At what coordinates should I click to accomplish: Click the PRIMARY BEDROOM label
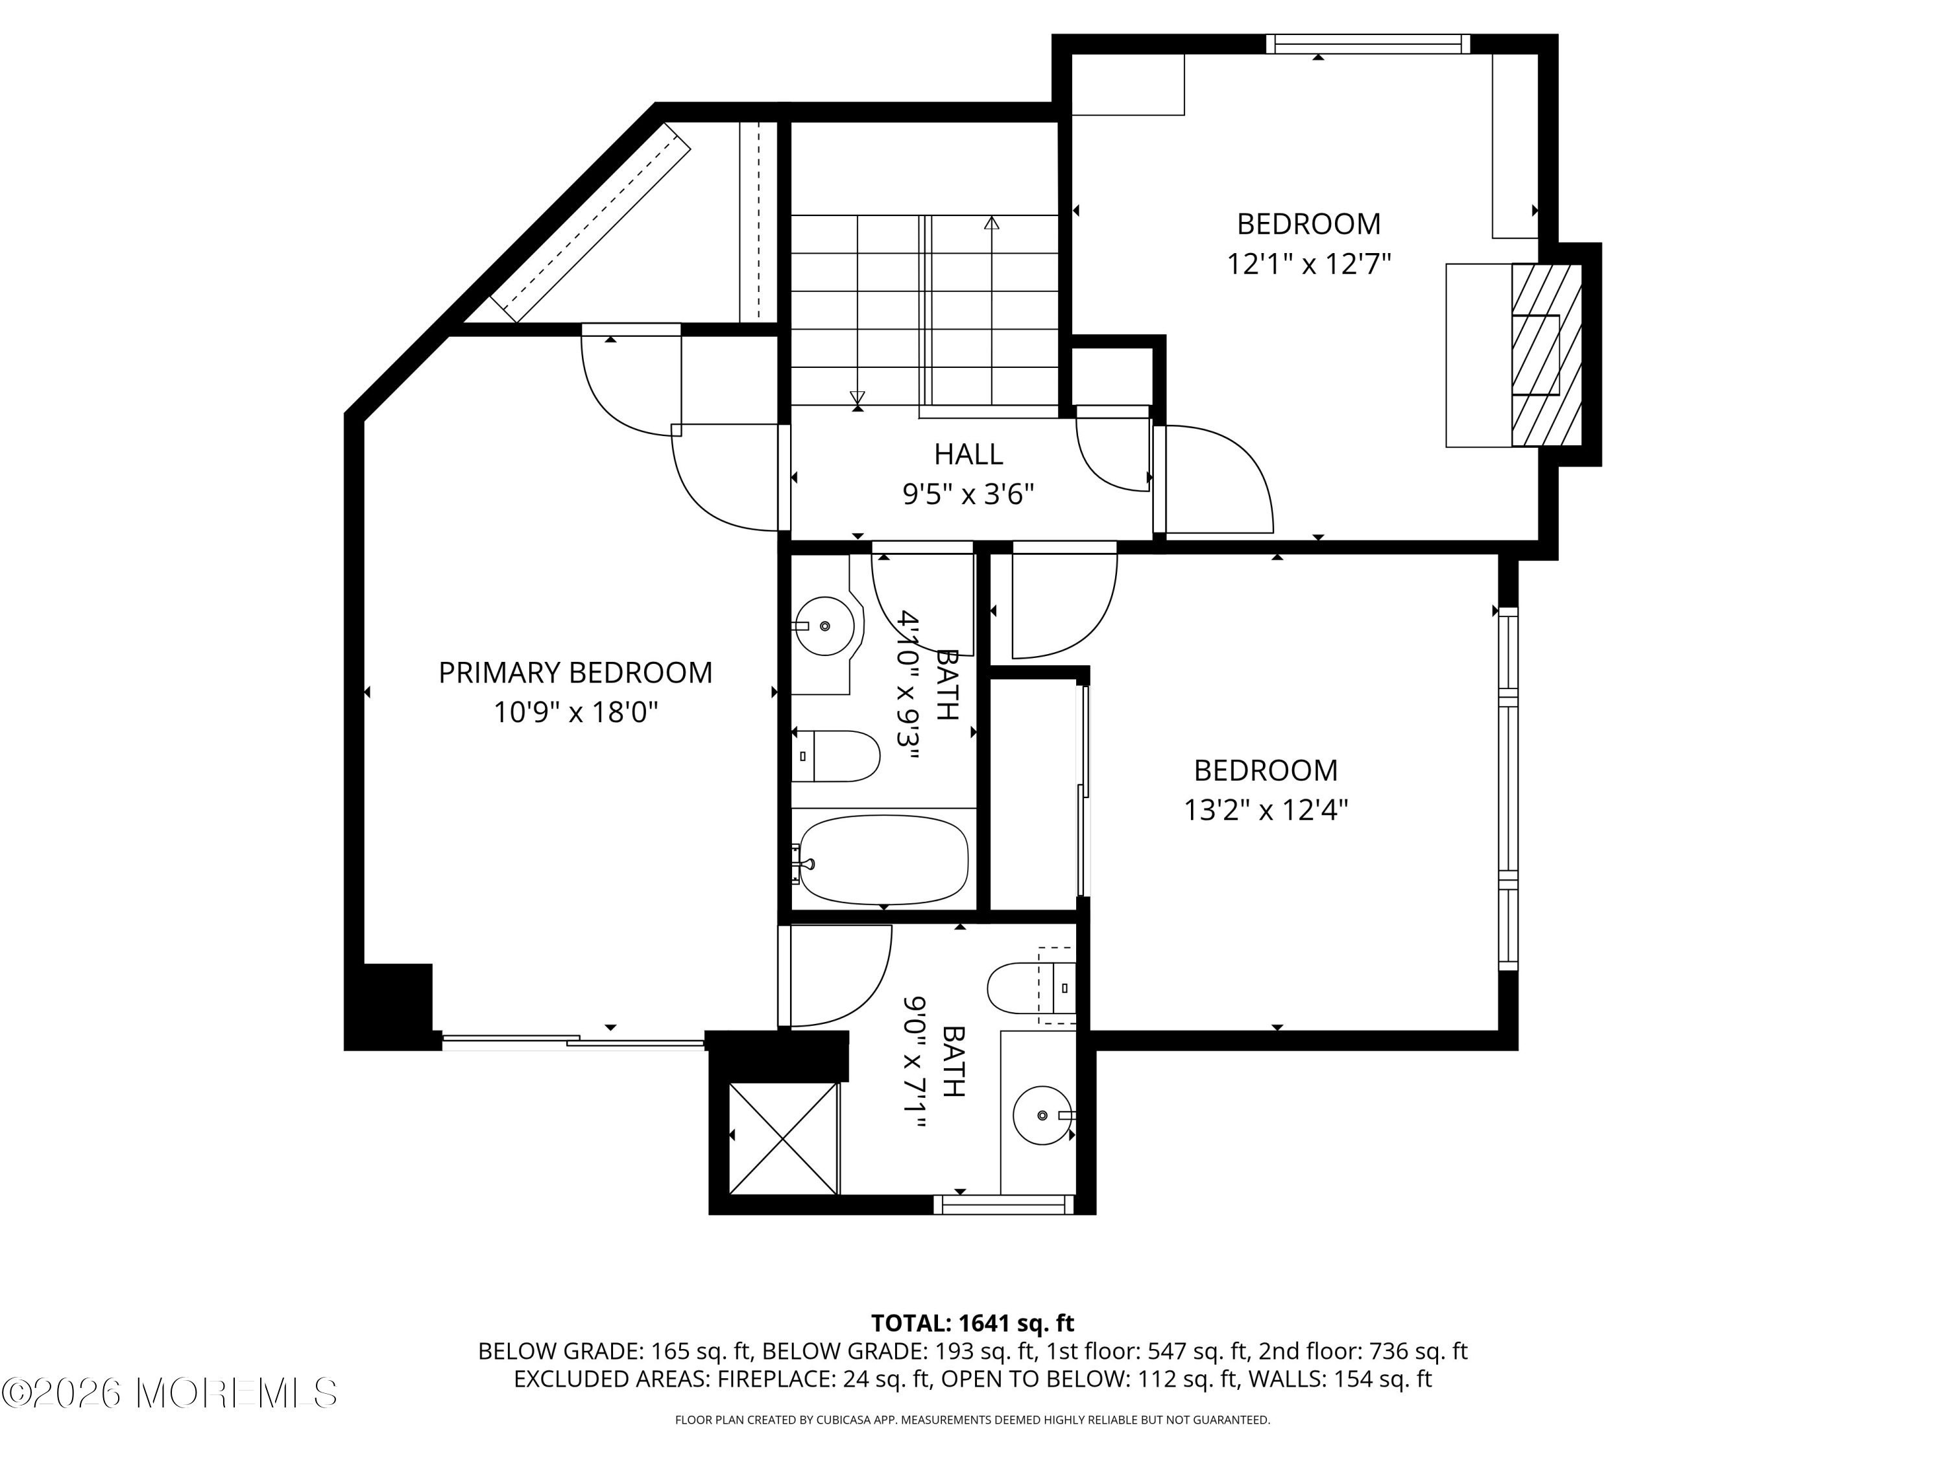pos(575,672)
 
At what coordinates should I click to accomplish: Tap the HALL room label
pos(968,454)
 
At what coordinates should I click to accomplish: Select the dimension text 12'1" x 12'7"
pos(1308,264)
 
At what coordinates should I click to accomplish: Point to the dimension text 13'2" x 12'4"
pos(1265,810)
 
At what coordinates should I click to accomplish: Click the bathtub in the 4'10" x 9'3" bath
pos(883,860)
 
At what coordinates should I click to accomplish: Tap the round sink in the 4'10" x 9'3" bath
pos(824,626)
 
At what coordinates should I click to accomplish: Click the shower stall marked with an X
pos(783,1139)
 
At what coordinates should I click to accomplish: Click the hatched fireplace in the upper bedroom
pos(1546,355)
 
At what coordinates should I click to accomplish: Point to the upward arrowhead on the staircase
pos(991,223)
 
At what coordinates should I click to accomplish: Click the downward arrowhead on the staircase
pos(857,397)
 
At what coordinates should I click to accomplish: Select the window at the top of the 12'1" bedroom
pos(1367,44)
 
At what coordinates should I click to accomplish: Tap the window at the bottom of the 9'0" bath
pos(1003,1205)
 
